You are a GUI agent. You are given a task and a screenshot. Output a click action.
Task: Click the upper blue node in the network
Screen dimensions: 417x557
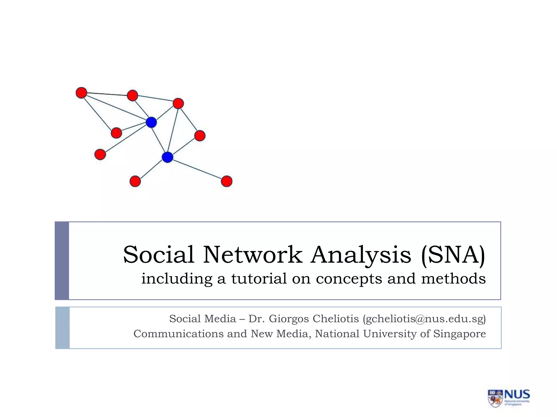click(x=151, y=122)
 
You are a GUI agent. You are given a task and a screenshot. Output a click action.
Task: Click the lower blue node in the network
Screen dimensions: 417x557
click(x=167, y=157)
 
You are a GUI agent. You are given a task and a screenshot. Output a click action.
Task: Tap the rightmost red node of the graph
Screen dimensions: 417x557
click(x=227, y=181)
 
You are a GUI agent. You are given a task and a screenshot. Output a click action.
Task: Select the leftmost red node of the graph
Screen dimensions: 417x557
click(x=81, y=93)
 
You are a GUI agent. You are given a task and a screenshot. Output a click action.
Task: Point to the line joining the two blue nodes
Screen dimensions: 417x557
click(x=159, y=140)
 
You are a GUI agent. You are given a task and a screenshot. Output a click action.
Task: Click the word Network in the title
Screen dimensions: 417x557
click(x=253, y=255)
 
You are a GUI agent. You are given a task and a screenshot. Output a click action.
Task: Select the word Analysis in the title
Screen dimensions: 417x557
click(x=361, y=255)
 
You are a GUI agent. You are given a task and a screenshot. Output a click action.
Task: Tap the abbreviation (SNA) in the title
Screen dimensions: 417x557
click(x=453, y=255)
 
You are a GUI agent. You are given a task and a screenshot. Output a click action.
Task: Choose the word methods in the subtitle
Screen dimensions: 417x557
click(x=453, y=279)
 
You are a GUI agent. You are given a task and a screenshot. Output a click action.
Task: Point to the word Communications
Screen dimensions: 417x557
click(x=178, y=334)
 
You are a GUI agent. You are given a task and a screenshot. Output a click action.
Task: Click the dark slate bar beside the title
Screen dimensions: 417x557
click(x=62, y=261)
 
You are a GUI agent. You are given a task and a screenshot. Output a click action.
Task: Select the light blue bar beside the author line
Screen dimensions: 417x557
click(x=63, y=328)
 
